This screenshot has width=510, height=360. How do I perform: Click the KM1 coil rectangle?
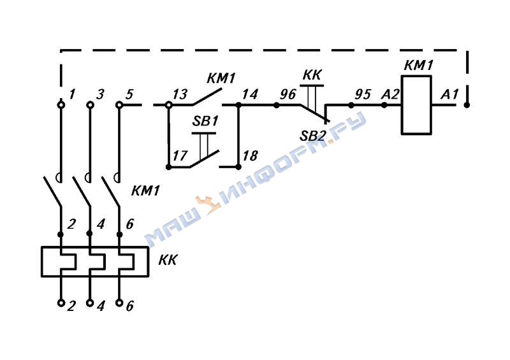[417, 105]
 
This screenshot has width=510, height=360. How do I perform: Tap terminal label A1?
[450, 94]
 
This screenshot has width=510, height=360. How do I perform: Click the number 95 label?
[362, 94]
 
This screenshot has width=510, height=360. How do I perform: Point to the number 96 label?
[288, 94]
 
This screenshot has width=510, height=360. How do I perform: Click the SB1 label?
[205, 121]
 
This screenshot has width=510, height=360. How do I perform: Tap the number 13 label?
[180, 95]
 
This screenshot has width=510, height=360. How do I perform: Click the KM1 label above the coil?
[419, 65]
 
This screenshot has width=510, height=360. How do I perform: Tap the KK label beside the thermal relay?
[168, 260]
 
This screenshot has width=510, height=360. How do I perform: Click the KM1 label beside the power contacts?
[147, 191]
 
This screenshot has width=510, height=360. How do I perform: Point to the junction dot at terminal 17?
[168, 166]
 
